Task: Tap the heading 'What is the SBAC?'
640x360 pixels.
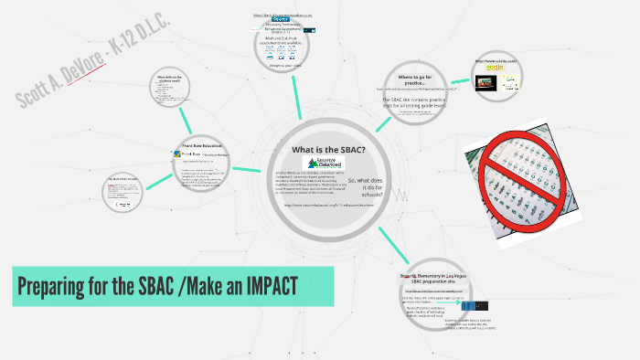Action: point(327,149)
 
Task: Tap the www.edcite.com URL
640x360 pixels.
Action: point(496,61)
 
